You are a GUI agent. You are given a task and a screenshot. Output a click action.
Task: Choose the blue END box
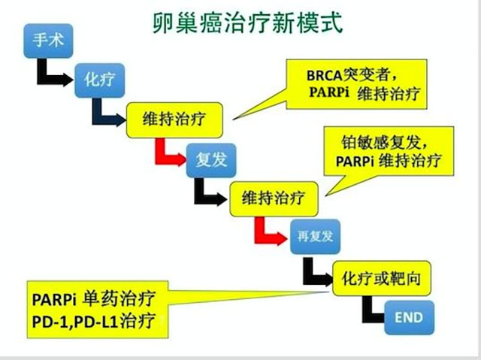408,318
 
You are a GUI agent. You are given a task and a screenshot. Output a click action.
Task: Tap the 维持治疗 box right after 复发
273,198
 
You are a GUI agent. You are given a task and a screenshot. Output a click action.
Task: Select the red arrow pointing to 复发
168,153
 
